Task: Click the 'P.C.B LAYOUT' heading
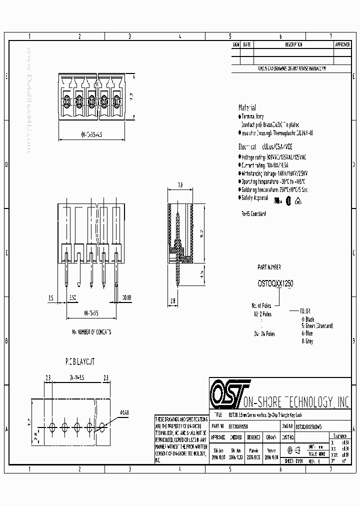pyautogui.click(x=80, y=360)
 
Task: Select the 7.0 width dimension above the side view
pyautogui.click(x=179, y=185)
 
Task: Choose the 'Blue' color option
pyautogui.click(x=307, y=333)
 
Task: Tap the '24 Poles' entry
pyautogui.click(x=263, y=333)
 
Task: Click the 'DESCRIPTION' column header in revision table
pyautogui.click(x=293, y=44)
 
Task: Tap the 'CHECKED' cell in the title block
pyautogui.click(x=235, y=436)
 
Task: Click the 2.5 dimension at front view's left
pyautogui.click(x=51, y=297)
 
